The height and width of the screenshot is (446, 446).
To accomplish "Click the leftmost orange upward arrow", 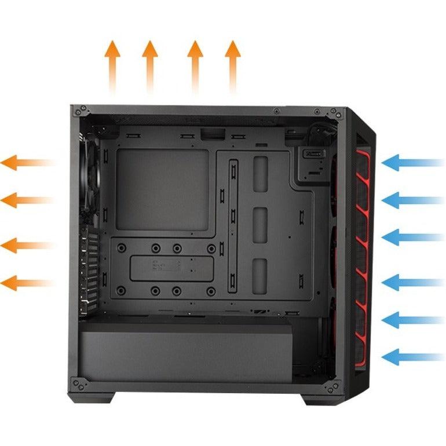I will [112, 64].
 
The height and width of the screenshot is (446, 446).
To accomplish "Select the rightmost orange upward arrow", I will [233, 64].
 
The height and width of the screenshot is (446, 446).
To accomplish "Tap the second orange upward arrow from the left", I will [150, 64].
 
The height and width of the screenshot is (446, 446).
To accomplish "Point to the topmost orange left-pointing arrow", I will [26, 163].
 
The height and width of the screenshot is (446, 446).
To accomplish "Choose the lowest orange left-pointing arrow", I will [26, 283].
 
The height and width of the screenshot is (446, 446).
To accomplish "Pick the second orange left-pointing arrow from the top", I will [26, 200].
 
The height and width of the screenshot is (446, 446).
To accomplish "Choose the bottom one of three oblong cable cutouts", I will [261, 276].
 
